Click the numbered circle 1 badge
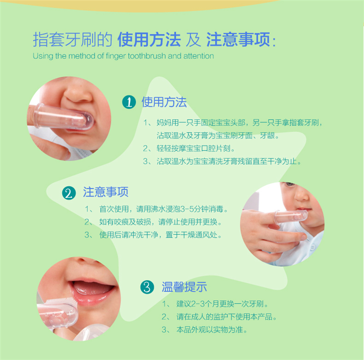click(x=129, y=102)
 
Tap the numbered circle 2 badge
click(x=69, y=193)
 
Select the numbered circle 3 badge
click(x=147, y=287)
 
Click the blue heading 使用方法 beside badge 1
click(x=164, y=102)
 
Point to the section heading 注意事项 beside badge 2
click(x=106, y=192)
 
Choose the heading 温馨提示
click(x=184, y=287)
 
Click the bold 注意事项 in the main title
click(x=238, y=39)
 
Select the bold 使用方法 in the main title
click(x=149, y=39)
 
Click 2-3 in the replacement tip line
click(x=198, y=304)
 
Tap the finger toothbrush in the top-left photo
click(x=63, y=117)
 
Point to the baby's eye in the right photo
click(x=290, y=184)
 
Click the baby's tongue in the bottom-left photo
click(x=93, y=288)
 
